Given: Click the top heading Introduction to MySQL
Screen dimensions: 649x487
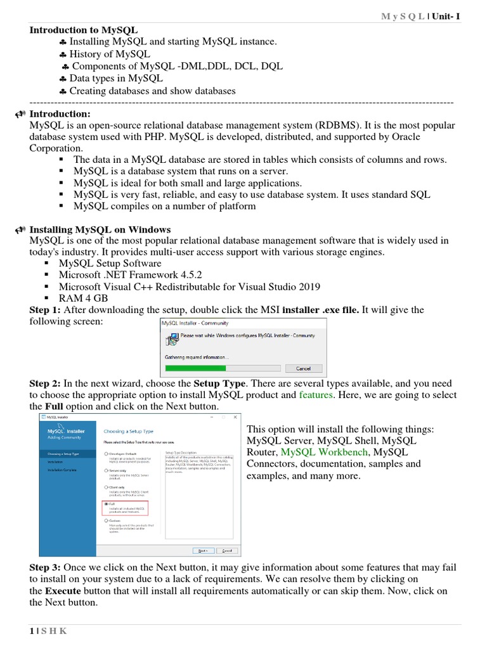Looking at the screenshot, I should point(83,30).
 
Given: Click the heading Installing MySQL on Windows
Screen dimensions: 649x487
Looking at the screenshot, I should point(100,229).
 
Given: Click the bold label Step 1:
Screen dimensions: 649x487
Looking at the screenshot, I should point(45,310).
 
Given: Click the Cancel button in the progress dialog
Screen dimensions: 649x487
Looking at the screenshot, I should point(303,368).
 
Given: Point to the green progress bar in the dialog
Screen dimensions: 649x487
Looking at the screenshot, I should point(195,368).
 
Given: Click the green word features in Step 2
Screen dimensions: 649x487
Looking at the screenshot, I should point(316,394).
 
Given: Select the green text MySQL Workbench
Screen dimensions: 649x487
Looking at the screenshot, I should point(323,452).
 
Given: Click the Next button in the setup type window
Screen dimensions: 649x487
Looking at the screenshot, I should point(203,550).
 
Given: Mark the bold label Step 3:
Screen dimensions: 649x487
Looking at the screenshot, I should point(45,567).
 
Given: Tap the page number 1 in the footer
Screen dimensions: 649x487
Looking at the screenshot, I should point(31,631).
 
